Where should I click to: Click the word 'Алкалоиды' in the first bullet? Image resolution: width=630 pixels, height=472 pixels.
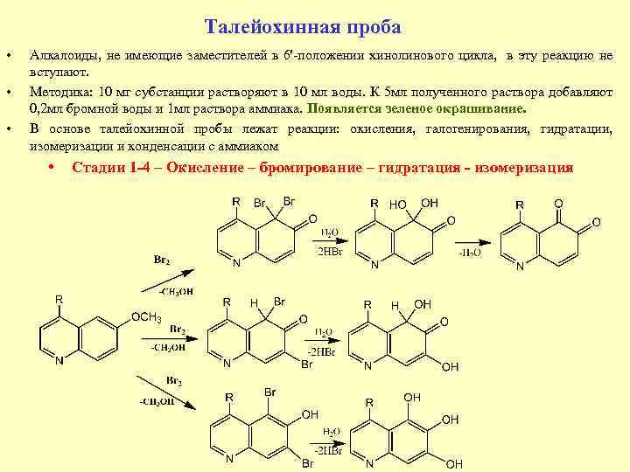pos(62,57)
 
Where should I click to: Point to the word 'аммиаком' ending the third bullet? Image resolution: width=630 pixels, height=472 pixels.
pos(250,145)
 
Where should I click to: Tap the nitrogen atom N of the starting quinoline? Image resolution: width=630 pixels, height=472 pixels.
pos(59,361)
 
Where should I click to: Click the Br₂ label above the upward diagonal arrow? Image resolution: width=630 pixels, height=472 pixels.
pos(162,260)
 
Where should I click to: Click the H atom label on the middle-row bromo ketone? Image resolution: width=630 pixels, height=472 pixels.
pos(254,303)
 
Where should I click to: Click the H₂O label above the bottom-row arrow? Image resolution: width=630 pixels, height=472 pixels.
pos(331,432)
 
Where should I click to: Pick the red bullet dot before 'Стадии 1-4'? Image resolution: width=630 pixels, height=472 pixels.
pos(53,167)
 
